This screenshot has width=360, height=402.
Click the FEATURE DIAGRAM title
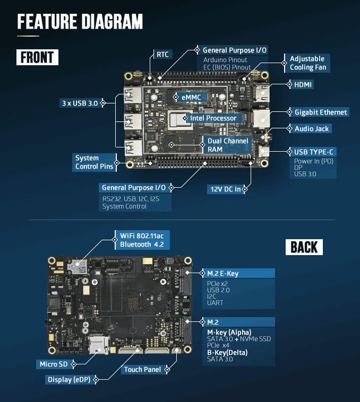tap(80, 22)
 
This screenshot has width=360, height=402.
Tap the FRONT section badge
tap(37, 57)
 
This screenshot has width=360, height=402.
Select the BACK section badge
tap(304, 247)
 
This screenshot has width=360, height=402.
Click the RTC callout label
tap(162, 54)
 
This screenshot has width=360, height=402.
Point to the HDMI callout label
tap(303, 84)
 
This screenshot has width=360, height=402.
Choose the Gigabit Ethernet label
tap(321, 112)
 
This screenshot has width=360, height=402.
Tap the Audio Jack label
tap(312, 129)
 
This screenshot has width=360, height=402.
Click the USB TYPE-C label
tap(314, 152)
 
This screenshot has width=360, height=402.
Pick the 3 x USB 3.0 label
tap(80, 103)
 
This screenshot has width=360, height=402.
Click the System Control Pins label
tap(94, 162)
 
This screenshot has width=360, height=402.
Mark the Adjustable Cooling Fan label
tap(307, 63)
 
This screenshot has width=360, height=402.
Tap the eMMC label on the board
tap(191, 98)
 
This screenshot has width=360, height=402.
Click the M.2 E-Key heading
tap(222, 274)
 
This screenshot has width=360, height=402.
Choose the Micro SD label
tap(53, 364)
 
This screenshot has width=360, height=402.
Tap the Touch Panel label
tap(142, 370)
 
